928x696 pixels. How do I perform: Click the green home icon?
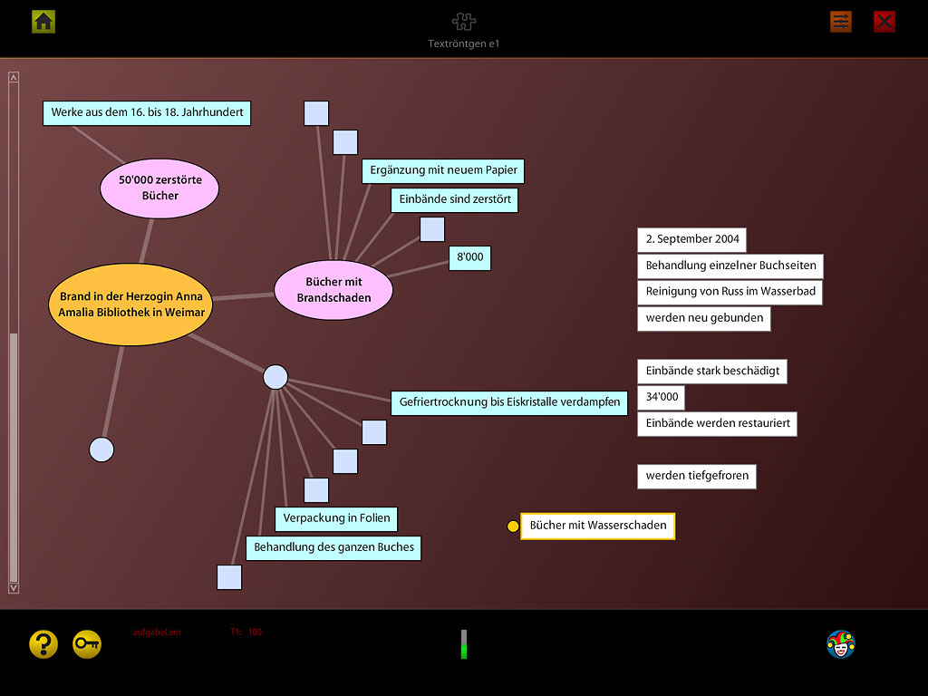43,21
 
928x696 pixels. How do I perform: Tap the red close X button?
884,22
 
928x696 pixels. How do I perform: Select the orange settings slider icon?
841,22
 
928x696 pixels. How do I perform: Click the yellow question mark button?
43,643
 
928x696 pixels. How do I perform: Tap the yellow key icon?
87,643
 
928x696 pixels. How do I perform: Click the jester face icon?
841,644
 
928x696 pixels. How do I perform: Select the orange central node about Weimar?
131,304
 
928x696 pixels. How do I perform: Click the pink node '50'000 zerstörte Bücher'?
159,188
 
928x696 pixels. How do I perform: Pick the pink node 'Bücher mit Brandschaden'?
333,290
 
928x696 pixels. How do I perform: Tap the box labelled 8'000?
469,257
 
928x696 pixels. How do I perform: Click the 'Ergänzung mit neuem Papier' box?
444,170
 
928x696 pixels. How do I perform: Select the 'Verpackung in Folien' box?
336,518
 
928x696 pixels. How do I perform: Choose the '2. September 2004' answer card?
692,239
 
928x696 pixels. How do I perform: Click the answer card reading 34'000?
661,397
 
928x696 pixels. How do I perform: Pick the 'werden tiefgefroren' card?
696,476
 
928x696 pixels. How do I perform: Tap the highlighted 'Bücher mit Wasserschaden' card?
598,526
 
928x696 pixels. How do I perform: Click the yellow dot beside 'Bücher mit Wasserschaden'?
513,527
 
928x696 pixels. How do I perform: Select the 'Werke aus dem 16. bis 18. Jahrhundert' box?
147,112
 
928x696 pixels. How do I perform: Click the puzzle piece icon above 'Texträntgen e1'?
464,22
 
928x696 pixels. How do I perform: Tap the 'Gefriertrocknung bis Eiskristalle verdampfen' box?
509,402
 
